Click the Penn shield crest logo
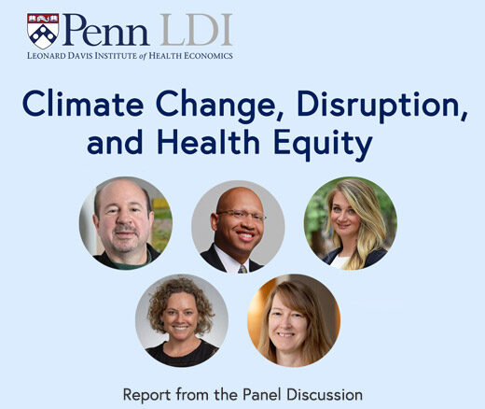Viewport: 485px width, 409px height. [x=43, y=31]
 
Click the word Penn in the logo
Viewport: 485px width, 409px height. [x=105, y=30]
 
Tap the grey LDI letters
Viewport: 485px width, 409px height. [x=196, y=30]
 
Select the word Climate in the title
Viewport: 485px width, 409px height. [x=83, y=104]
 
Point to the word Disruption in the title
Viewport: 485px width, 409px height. [x=382, y=106]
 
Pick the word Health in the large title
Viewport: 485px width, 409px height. [x=209, y=142]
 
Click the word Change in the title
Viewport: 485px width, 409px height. [x=219, y=106]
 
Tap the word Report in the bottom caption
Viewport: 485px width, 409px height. [x=147, y=395]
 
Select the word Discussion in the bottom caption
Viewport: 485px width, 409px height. [x=325, y=394]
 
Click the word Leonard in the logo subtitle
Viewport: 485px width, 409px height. [x=47, y=56]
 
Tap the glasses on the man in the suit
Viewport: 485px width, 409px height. [x=241, y=216]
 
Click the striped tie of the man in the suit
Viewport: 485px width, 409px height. [x=242, y=269]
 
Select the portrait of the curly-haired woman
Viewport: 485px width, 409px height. [x=182, y=320]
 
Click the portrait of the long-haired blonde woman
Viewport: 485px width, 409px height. [x=351, y=223]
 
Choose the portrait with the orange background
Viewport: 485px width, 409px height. [x=294, y=320]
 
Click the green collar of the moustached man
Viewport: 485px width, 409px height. [x=131, y=263]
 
